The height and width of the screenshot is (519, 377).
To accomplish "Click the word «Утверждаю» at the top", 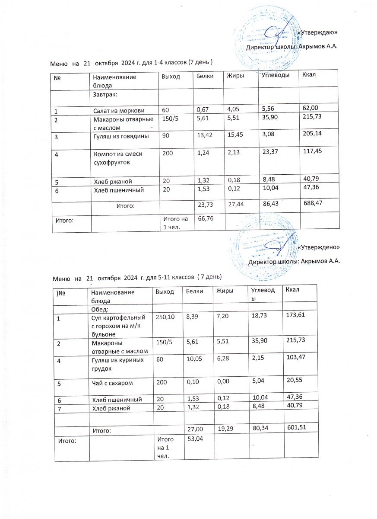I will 318,32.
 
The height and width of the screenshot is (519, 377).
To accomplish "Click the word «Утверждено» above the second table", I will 319,247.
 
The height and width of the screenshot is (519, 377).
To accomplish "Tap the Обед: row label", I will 100,309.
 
